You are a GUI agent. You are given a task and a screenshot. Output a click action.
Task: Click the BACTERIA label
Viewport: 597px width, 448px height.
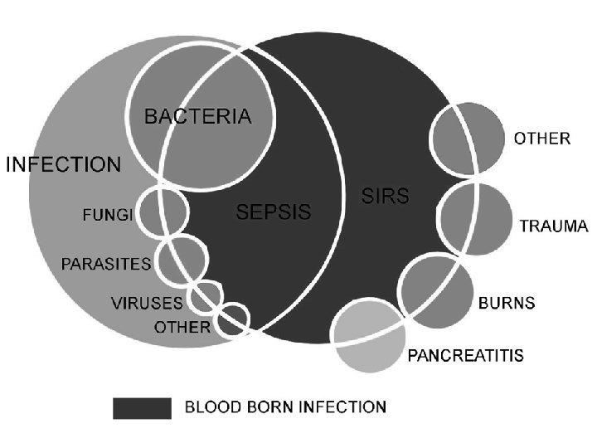click(x=197, y=117)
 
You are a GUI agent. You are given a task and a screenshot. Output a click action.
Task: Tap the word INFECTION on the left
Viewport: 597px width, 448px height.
click(x=64, y=163)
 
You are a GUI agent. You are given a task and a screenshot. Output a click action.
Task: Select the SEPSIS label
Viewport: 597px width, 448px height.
click(x=274, y=212)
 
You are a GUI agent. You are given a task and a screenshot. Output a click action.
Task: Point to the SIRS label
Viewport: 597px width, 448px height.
click(x=386, y=197)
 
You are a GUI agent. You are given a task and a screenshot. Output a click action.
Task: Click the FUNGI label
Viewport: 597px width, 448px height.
click(x=106, y=216)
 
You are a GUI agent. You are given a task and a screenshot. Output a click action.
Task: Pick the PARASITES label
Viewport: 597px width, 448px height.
click(x=106, y=265)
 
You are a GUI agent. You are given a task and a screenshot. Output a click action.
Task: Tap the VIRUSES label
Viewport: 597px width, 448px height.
click(x=148, y=303)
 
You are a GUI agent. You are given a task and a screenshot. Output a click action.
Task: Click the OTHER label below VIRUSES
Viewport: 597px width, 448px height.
click(x=182, y=327)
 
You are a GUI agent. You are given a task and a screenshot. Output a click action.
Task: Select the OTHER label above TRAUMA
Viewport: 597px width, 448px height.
click(x=542, y=139)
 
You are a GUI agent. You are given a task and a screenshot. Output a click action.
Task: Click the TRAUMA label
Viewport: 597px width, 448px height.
click(x=554, y=226)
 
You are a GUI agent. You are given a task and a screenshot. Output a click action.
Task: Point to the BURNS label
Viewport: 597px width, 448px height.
click(x=507, y=303)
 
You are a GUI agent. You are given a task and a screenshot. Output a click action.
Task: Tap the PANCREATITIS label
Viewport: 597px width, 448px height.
click(x=465, y=356)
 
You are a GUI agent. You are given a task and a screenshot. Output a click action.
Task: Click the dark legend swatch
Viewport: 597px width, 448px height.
click(x=142, y=407)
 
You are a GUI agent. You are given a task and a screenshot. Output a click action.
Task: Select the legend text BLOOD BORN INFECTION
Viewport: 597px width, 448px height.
click(x=285, y=407)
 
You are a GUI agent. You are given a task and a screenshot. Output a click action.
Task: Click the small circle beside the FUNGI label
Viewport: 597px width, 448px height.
click(x=162, y=212)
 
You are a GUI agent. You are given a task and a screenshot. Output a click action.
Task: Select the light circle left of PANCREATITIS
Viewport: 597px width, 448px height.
click(x=368, y=335)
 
